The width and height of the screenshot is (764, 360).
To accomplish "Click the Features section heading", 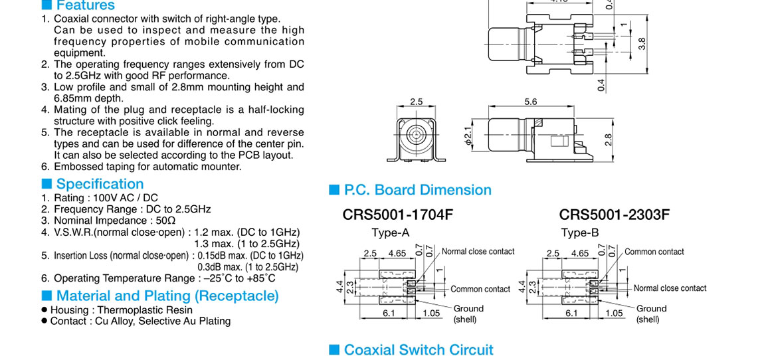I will click(85, 5).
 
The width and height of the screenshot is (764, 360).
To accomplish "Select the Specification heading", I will click(100, 184).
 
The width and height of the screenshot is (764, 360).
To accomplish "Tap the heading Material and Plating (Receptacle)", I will click(167, 296).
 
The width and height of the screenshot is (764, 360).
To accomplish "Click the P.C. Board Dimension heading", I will click(418, 190).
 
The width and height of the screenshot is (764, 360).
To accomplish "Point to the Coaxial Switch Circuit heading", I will click(419, 350).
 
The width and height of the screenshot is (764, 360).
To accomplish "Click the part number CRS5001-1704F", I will click(398, 215).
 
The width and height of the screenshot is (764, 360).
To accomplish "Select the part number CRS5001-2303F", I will click(615, 215).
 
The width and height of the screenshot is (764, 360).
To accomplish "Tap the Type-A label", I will click(391, 232).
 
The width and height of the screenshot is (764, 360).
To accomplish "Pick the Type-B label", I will click(580, 232).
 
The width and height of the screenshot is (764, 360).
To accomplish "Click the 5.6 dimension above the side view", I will click(531, 102).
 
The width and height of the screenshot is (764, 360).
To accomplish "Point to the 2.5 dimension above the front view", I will click(416, 102).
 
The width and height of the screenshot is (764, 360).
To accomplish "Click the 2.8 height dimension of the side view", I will click(607, 140).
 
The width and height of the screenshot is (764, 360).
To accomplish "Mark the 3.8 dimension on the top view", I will click(642, 44).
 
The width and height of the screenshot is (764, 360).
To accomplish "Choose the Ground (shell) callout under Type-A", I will click(468, 314).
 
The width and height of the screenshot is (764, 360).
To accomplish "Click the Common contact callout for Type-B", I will click(654, 252).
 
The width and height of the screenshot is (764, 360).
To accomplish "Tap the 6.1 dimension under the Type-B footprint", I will click(571, 313).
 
